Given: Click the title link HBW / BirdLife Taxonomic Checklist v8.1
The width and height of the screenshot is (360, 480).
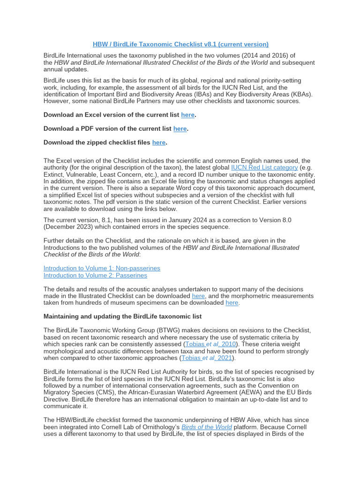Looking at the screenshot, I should coord(180,44).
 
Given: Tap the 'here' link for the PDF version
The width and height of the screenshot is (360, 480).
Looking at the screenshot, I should coord(180,128).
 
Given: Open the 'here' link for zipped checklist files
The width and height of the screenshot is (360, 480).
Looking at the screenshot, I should coord(159,142).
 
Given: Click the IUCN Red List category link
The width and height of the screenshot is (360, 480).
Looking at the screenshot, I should coord(264,167).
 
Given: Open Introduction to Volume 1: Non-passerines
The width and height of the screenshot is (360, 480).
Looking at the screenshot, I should coord(102,268).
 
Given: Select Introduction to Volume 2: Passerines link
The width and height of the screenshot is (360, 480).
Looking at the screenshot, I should coord(95,275).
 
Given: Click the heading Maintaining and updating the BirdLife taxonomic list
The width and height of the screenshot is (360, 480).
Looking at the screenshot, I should coord(122,316).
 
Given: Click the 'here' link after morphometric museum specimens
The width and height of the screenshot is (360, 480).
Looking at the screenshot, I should coord(232,303).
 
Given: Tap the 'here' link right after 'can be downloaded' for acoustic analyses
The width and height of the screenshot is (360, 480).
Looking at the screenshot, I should coord(199,296).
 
